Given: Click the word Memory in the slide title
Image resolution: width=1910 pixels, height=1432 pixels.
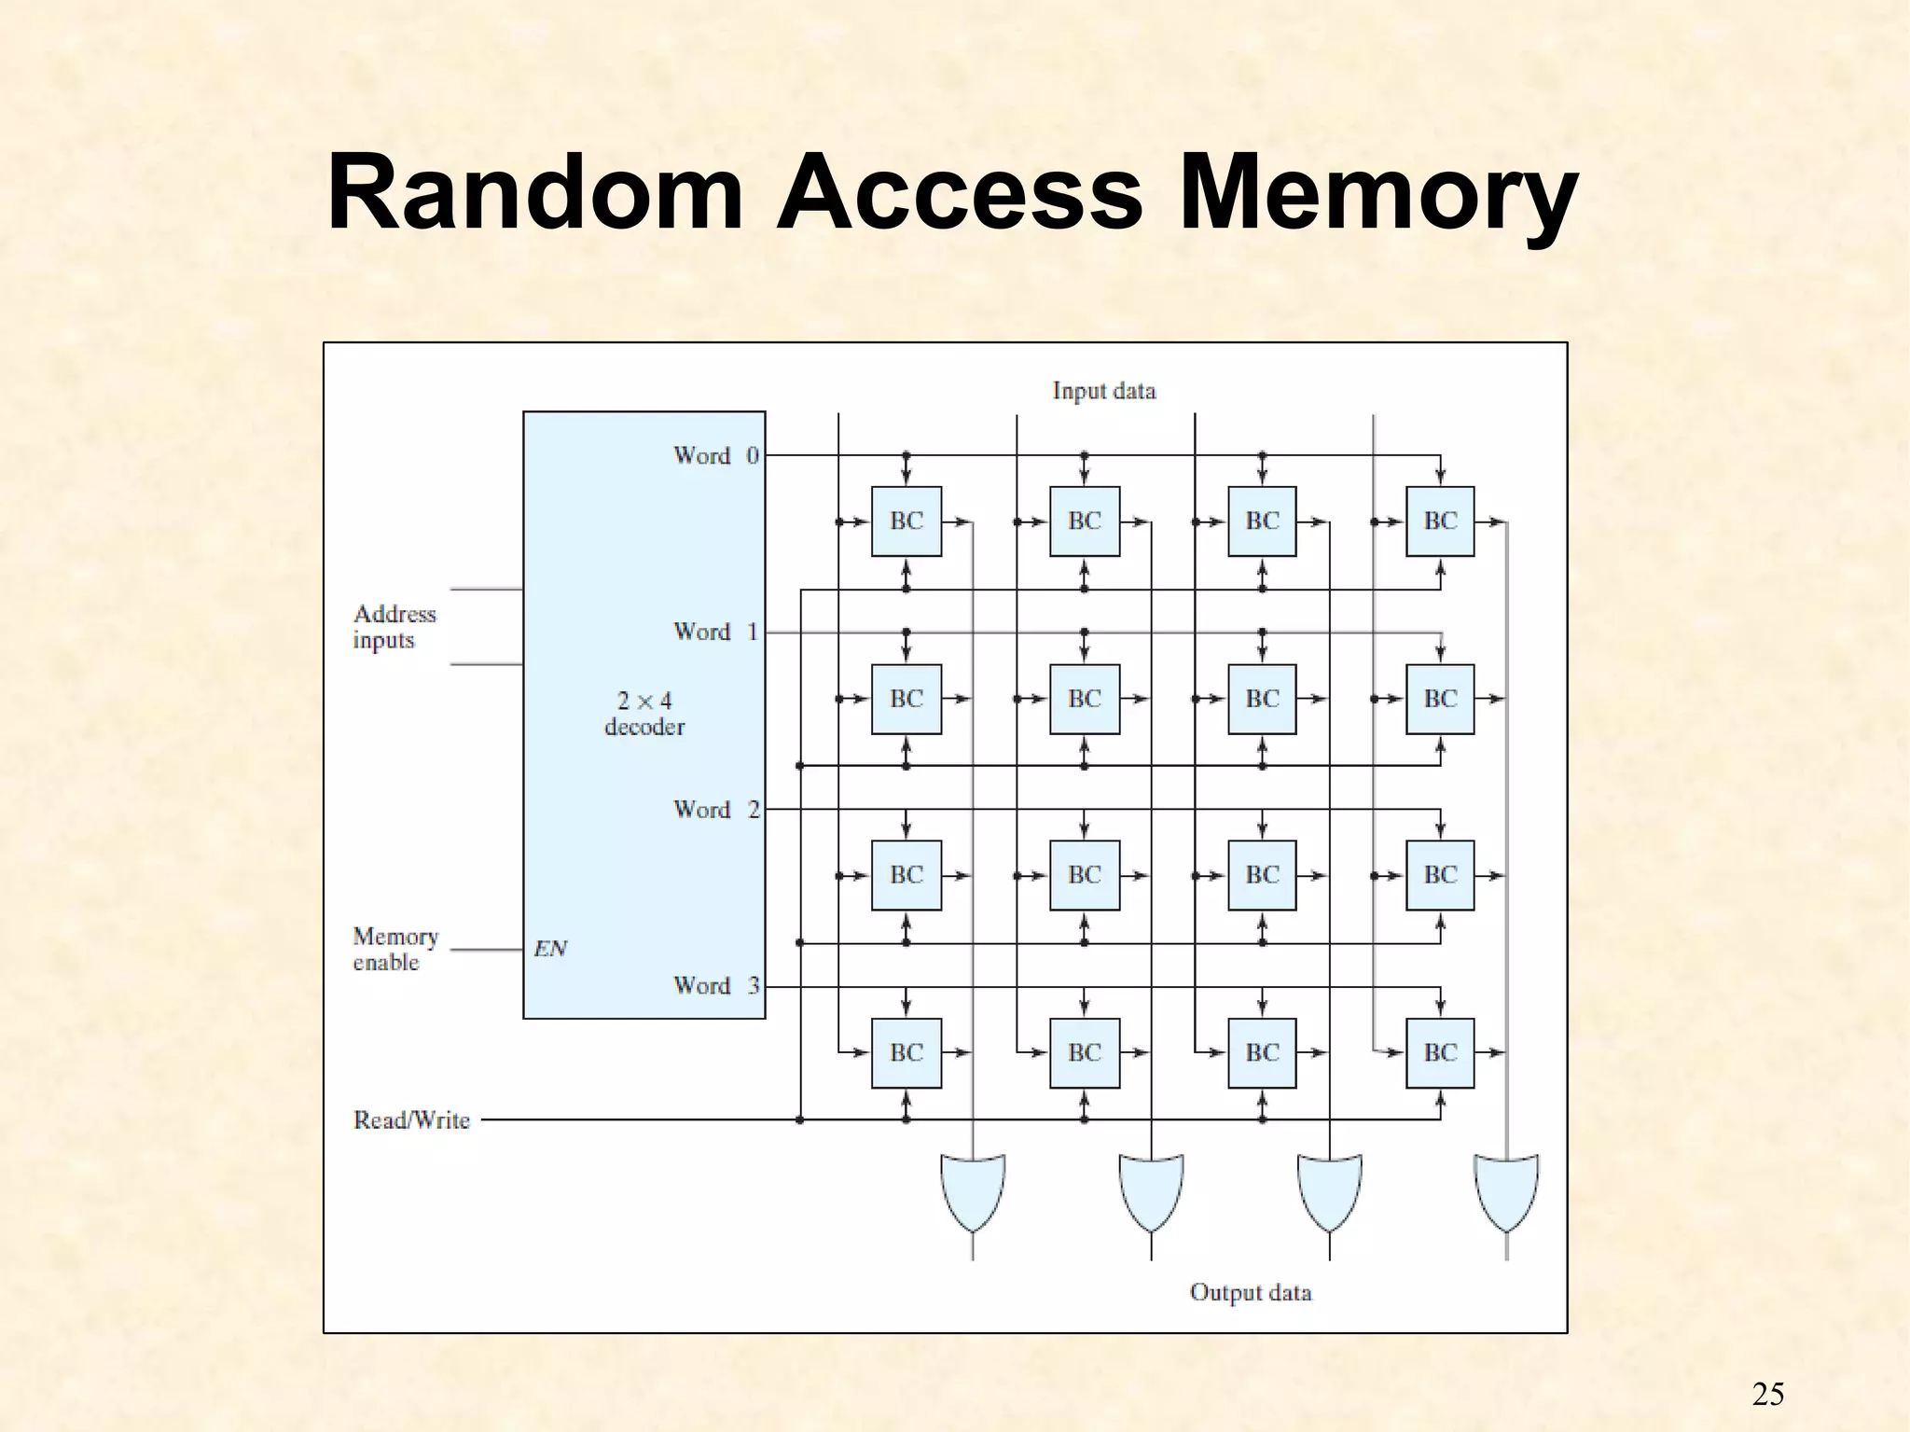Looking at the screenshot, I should click(x=1378, y=194).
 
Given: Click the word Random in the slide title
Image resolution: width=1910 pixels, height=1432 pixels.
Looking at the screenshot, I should click(x=534, y=194).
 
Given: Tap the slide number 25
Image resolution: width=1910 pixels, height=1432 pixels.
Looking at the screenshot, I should click(x=1767, y=1394).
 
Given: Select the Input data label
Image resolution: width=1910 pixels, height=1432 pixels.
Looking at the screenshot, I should click(x=1104, y=391).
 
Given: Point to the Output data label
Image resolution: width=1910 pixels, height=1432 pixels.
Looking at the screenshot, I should click(x=1251, y=1292).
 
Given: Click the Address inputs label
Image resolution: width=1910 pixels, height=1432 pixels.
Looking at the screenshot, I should click(x=394, y=627).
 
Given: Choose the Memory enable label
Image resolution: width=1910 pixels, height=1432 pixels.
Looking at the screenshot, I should click(x=395, y=949).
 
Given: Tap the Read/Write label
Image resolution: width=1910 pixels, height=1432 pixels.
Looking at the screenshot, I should click(x=411, y=1119).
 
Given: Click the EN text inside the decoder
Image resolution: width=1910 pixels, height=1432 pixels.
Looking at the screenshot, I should click(x=550, y=949).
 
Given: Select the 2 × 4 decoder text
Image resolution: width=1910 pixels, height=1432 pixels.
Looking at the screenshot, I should click(x=644, y=714).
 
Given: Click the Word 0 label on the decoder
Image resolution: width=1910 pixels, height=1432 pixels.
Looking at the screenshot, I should click(x=716, y=455).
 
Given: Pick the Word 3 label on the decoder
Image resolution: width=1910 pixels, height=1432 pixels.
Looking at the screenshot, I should click(x=716, y=985).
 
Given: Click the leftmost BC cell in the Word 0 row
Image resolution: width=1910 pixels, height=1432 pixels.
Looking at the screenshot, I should click(x=906, y=521).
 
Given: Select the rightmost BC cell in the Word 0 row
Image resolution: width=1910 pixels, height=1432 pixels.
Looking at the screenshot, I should click(x=1440, y=521).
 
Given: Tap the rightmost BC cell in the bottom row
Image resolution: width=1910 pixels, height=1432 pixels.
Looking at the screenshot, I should click(x=1440, y=1052).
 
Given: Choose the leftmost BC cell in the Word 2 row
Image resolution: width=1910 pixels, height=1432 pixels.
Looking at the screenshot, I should click(x=906, y=875).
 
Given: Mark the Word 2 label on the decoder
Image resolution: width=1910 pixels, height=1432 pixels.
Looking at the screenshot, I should click(x=716, y=809).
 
